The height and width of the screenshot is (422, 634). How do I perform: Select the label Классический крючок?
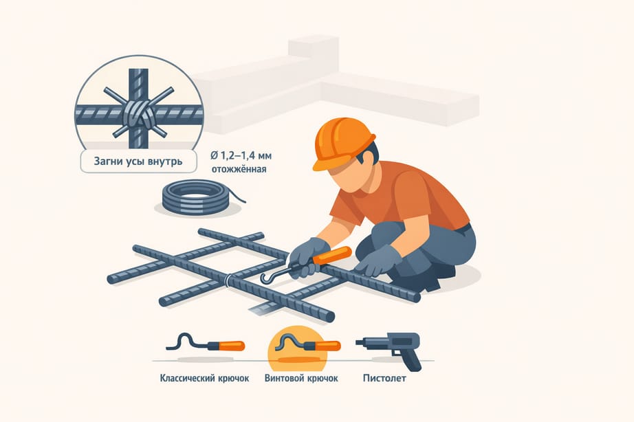click(205, 378)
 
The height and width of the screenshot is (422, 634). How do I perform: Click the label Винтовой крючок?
click(301, 378)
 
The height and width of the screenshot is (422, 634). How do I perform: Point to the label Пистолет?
click(384, 378)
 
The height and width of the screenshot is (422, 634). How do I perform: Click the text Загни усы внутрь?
click(138, 162)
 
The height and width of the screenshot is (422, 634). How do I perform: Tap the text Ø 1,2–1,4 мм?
click(241, 155)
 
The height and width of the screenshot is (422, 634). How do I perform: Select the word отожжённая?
click(239, 169)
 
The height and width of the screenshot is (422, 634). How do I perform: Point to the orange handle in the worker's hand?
click(331, 256)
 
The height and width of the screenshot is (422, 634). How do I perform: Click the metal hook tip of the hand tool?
click(263, 278)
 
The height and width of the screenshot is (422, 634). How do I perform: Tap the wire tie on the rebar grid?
click(229, 280)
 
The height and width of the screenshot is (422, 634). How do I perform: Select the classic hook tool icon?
click(206, 344)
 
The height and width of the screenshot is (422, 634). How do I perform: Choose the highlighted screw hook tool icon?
click(308, 344)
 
